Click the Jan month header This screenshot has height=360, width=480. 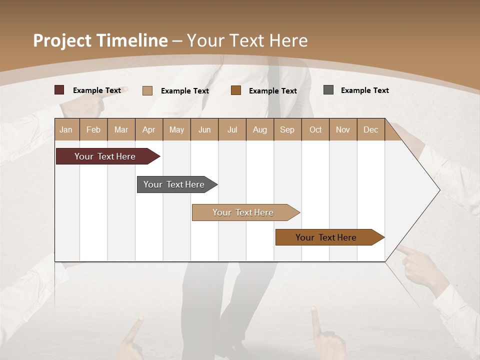click(x=66, y=129)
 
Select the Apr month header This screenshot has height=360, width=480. click(x=148, y=129)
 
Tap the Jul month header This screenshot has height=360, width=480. click(x=232, y=129)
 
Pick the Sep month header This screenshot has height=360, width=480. click(x=287, y=129)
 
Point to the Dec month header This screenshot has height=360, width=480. click(x=370, y=129)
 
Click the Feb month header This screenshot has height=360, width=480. click(x=93, y=129)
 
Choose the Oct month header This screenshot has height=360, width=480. click(x=315, y=129)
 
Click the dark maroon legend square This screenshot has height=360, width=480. click(x=59, y=90)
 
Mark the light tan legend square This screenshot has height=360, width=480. click(x=147, y=90)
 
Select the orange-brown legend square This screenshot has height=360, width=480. click(x=236, y=90)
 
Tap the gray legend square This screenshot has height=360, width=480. click(x=328, y=90)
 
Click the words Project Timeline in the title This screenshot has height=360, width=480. click(x=100, y=40)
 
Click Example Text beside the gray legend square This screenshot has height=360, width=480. click(x=364, y=90)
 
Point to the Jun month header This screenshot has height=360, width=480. click(x=204, y=129)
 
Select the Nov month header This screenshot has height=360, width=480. click(x=343, y=129)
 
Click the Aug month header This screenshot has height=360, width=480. click(x=260, y=129)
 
